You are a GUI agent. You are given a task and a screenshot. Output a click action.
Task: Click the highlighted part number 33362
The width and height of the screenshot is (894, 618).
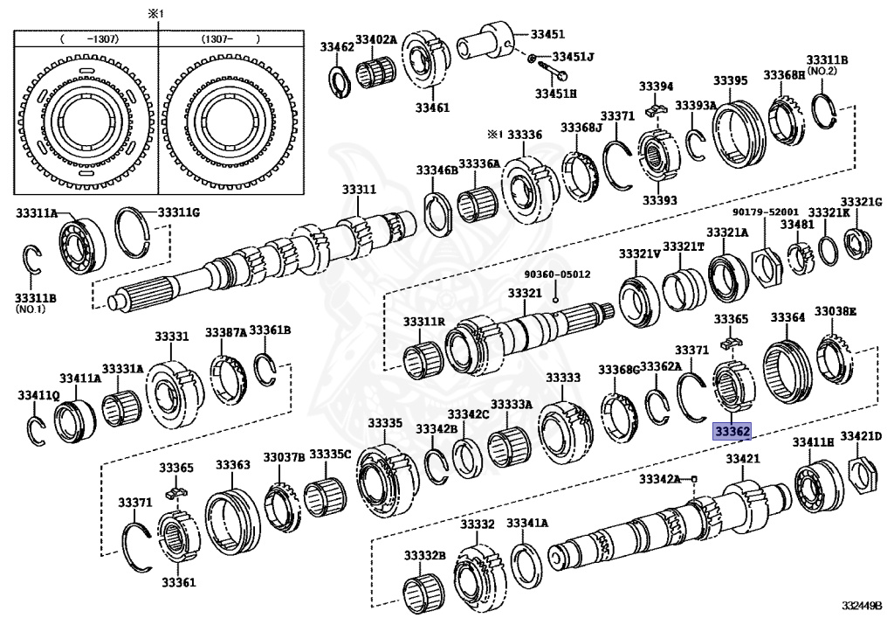[732, 431]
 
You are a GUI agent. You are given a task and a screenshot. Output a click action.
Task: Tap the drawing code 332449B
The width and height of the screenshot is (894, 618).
[863, 605]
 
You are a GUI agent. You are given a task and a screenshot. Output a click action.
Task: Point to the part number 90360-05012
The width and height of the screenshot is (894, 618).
[557, 274]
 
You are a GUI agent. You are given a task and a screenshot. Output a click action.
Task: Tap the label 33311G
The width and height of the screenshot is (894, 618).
[178, 212]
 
